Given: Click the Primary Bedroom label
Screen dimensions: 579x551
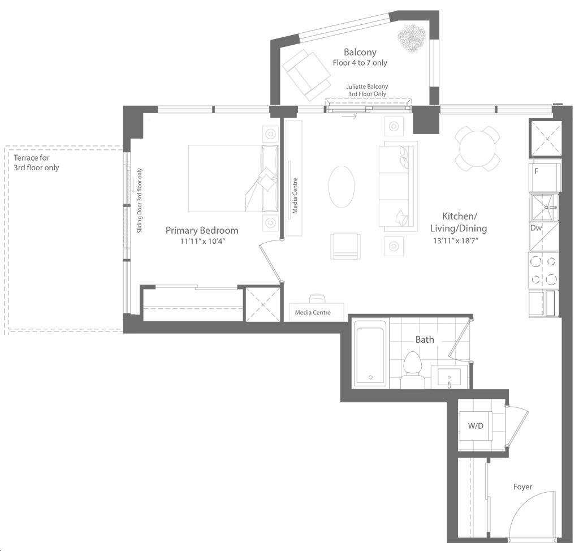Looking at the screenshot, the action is click(x=202, y=231).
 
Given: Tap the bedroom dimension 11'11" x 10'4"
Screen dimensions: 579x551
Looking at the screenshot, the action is click(x=202, y=242).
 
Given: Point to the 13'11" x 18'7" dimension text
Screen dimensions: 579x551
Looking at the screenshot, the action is click(x=456, y=241).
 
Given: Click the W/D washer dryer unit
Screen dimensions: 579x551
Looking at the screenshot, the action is click(x=476, y=426).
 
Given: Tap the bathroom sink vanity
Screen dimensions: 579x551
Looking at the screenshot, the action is click(x=450, y=377).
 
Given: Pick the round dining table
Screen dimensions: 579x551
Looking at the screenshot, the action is click(x=477, y=149).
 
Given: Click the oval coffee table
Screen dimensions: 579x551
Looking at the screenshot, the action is click(x=342, y=187).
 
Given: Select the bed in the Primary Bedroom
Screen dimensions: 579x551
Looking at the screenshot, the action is click(x=234, y=179).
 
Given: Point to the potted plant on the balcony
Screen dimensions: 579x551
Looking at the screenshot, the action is click(x=412, y=38).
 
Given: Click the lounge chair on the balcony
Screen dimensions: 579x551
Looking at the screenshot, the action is click(x=306, y=75).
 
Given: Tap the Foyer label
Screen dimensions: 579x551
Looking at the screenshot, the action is click(x=522, y=487).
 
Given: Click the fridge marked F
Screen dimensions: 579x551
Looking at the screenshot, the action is click(x=545, y=177).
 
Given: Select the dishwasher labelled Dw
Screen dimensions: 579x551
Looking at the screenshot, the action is click(x=544, y=236).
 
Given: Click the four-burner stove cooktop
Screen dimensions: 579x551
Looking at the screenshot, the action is click(x=543, y=271).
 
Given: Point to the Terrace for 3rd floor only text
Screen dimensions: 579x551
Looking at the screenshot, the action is click(x=36, y=162).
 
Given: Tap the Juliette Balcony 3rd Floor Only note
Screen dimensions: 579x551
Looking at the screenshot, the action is click(x=367, y=90).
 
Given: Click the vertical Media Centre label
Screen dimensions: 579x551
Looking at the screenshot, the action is click(x=295, y=196).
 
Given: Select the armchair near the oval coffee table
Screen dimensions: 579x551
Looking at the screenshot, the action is click(x=345, y=246).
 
